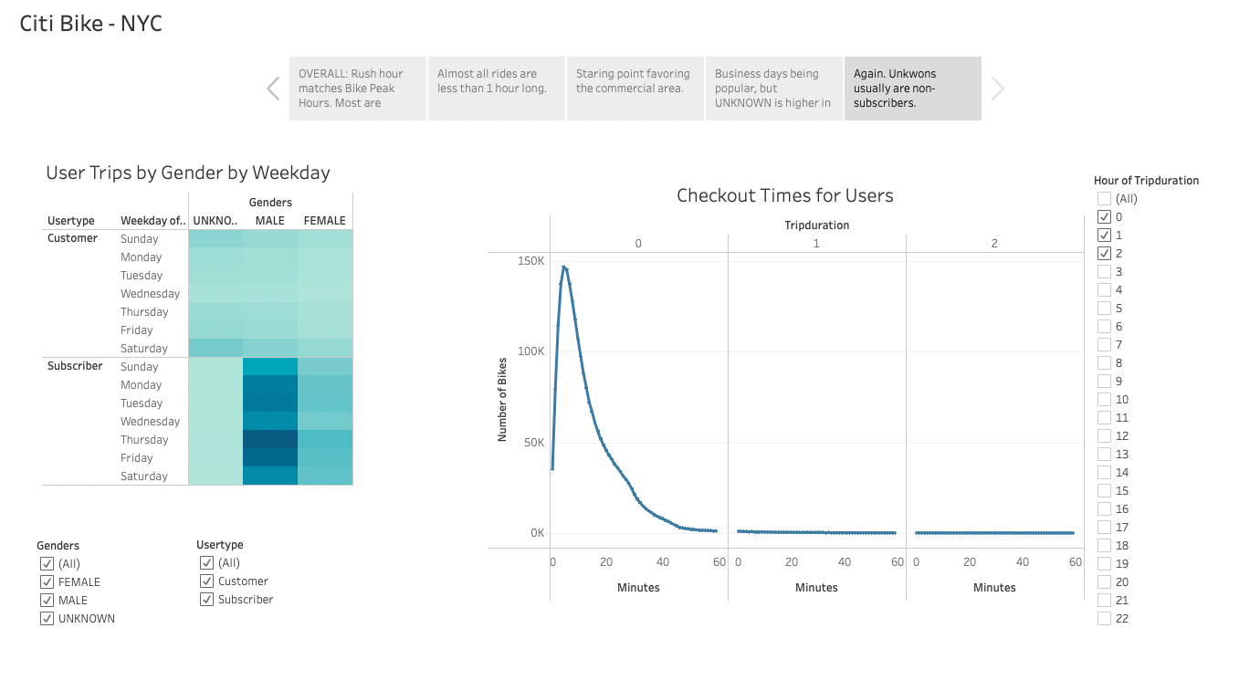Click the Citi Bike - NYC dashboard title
(91, 24)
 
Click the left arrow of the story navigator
(273, 89)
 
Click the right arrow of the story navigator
(998, 89)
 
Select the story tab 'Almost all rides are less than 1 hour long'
(496, 89)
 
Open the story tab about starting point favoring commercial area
(635, 89)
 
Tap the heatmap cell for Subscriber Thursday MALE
(270, 439)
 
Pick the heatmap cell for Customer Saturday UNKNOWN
(215, 348)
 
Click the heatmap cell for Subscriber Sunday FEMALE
(325, 366)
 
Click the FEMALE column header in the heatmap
(325, 221)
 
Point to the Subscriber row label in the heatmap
(75, 366)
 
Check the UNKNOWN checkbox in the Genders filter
(47, 618)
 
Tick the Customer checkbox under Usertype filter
(207, 581)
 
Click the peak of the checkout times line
(564, 267)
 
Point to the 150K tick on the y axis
(531, 261)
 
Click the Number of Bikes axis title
(502, 398)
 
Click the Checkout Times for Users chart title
(784, 195)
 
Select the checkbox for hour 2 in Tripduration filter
(1105, 253)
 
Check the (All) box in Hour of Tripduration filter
(1105, 198)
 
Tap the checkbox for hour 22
(1105, 618)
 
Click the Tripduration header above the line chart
(816, 225)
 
